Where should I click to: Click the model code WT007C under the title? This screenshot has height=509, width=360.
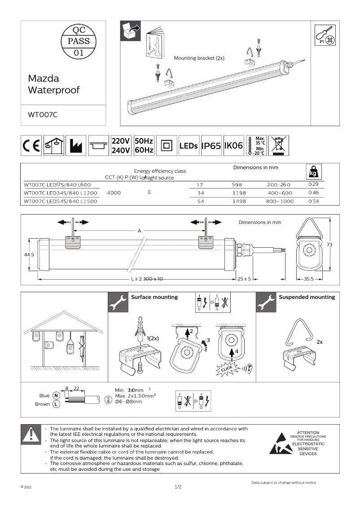[43, 114]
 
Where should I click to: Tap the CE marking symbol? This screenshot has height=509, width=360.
[31, 146]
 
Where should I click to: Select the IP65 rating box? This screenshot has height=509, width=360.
[211, 146]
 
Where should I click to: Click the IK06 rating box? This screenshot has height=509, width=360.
[233, 146]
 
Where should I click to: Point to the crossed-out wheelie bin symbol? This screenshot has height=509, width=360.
[279, 145]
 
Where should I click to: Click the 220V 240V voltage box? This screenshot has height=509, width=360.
[121, 146]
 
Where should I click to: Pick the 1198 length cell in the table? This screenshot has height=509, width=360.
[239, 193]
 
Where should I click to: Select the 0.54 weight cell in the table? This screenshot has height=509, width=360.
[313, 202]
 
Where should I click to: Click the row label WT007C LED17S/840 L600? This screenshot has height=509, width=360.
[57, 184]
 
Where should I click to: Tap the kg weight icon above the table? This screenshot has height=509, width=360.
[313, 172]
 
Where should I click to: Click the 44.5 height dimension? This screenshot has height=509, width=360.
[29, 254]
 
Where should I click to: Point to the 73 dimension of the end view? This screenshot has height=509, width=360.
[329, 245]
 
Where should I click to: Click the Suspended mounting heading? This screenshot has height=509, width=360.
[307, 297]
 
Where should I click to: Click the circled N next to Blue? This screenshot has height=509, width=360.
[56, 395]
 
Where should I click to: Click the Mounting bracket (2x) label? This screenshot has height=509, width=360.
[199, 58]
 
